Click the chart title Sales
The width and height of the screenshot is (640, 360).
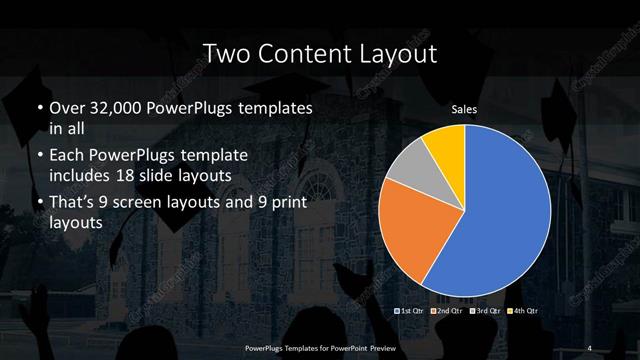tap(463, 108)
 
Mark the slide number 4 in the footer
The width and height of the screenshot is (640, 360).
tap(591, 346)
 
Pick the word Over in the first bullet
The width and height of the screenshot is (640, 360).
tap(68, 108)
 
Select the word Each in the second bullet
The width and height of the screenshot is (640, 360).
tap(68, 157)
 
